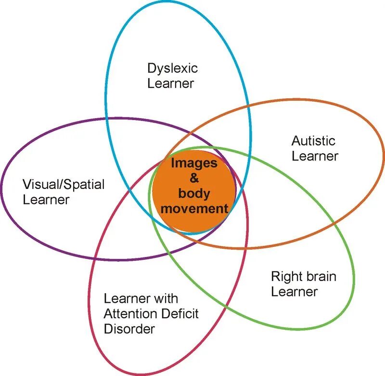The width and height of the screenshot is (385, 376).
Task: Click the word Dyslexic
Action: click(x=172, y=68)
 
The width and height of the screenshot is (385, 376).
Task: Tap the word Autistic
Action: click(x=313, y=141)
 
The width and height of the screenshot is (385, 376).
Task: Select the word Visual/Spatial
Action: click(x=64, y=184)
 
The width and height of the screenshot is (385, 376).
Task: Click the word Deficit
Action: click(x=181, y=314)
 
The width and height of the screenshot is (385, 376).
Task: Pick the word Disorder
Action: click(x=129, y=329)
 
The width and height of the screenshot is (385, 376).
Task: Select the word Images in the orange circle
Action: click(x=194, y=163)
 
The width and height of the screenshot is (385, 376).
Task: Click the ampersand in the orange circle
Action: click(x=194, y=178)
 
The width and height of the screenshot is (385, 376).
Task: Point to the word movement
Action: click(x=194, y=208)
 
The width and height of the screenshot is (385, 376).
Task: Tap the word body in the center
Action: click(x=194, y=193)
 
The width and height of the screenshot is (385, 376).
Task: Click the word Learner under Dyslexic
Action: click(x=170, y=83)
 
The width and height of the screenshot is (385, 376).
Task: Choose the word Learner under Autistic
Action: click(x=315, y=156)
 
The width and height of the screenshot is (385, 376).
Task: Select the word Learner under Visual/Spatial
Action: click(x=46, y=199)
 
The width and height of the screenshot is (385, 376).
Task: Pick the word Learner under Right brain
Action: click(x=294, y=292)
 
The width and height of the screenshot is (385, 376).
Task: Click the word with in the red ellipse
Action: click(x=168, y=299)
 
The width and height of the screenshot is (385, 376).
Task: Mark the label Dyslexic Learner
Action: click(x=172, y=76)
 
